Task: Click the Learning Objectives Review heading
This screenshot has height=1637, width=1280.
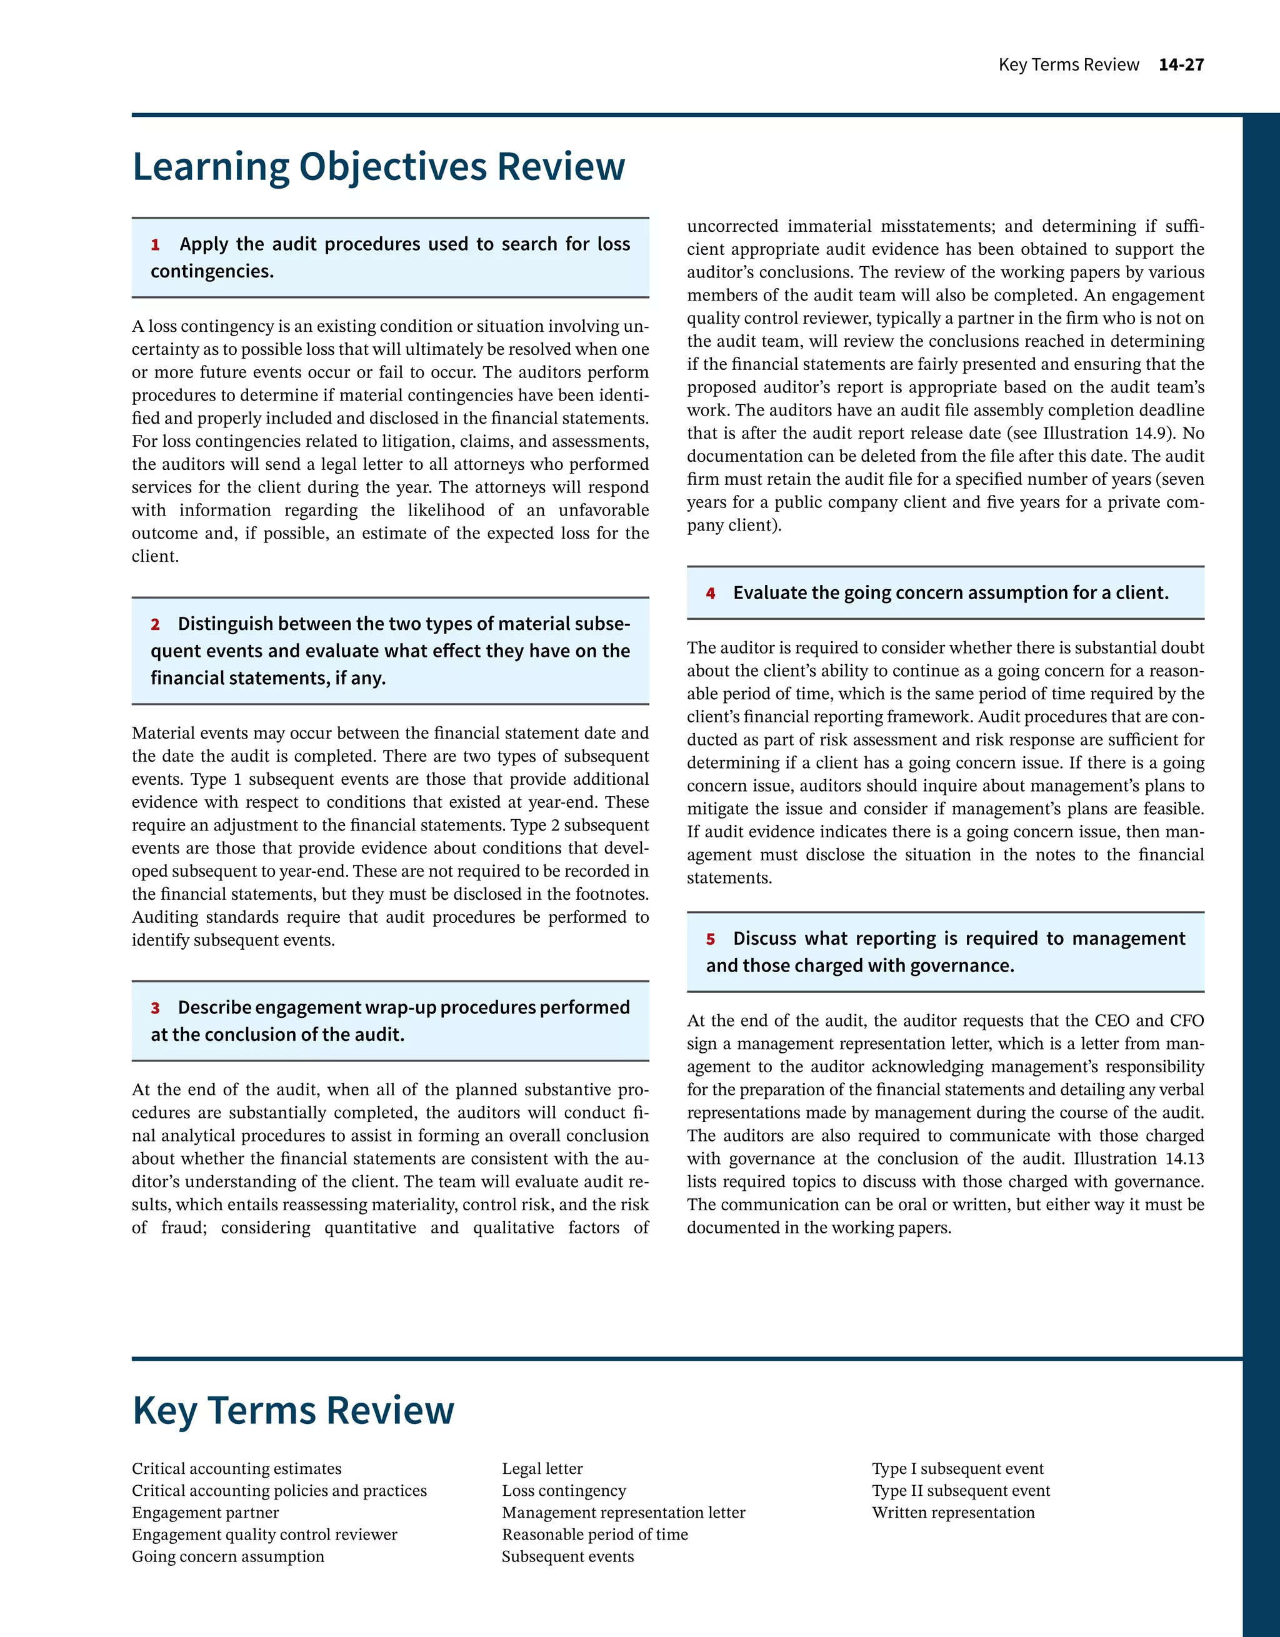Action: (378, 166)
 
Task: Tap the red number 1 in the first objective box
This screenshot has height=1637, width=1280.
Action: (155, 245)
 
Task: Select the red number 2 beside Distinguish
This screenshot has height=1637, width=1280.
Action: (155, 625)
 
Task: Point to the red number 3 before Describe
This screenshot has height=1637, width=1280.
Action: (155, 1009)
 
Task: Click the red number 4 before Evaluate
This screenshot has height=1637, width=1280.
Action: (710, 594)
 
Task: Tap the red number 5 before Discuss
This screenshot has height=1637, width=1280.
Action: (710, 940)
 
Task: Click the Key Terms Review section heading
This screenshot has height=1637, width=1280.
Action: (293, 1411)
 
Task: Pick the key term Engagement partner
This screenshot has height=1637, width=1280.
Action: (206, 1513)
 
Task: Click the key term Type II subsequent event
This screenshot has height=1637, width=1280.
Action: (961, 1491)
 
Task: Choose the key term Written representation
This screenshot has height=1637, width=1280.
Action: (953, 1513)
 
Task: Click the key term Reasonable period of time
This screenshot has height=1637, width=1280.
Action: (594, 1535)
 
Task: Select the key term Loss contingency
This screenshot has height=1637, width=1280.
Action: (564, 1491)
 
